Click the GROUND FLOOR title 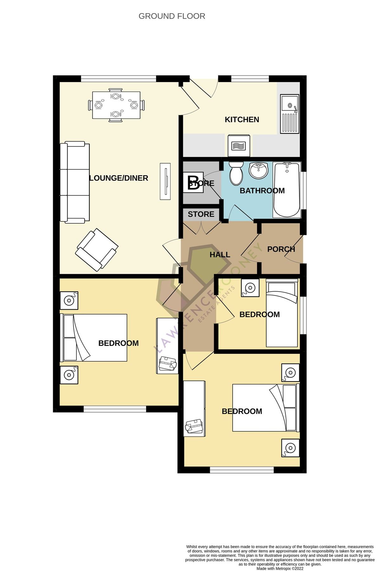pos(172,16)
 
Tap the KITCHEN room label pos(242,120)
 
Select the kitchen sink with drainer pos(289,114)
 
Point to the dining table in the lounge pos(116,105)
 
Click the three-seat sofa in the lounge pos(75,182)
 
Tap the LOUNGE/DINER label pos(119,178)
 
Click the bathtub pos(287,190)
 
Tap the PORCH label pos(281,249)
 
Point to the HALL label pos(220,255)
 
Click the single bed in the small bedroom pos(282,313)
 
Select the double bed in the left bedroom pos(94,338)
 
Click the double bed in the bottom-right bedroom pos(266,408)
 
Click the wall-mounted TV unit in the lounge pos(165,181)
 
